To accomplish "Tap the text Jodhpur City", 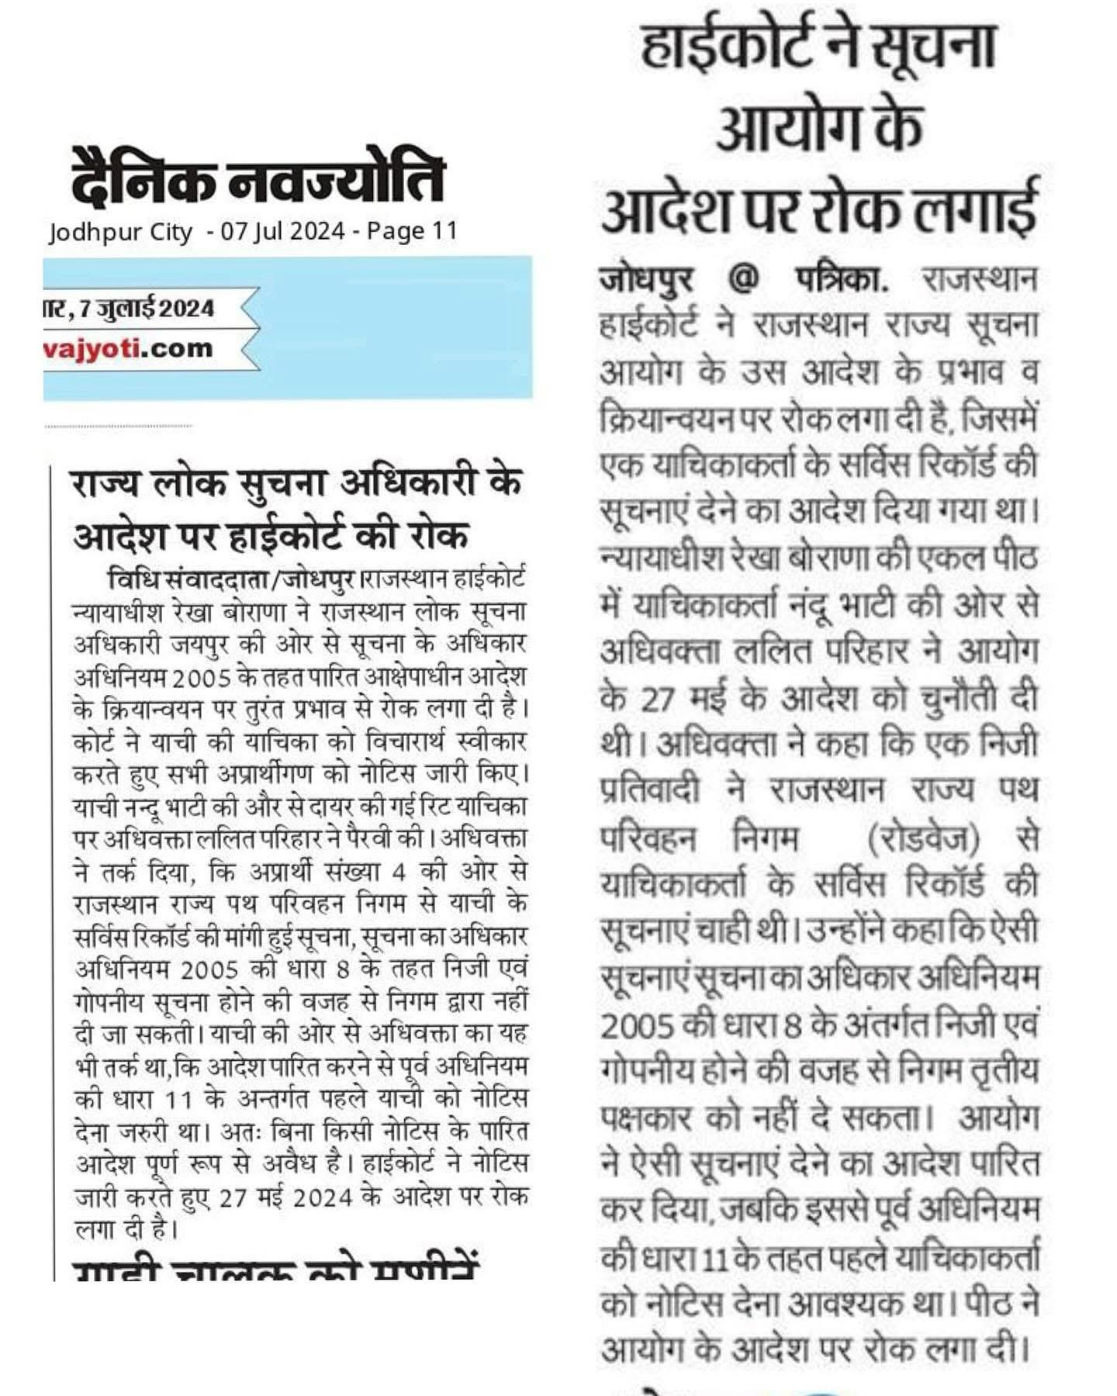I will coord(120,232).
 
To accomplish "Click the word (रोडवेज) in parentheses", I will coord(922,839).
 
